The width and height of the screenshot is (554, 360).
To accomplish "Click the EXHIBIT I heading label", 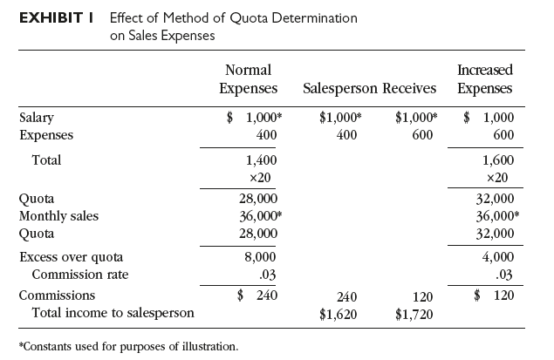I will point(55,17).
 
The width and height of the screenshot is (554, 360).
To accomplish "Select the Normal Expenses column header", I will point(248,78).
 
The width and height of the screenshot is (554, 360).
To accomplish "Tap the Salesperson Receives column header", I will point(372,88).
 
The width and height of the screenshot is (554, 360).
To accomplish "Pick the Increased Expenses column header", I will point(484,78).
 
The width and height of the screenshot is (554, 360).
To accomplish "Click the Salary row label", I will point(36,118).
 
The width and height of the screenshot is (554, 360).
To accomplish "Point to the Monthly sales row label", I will point(58,216).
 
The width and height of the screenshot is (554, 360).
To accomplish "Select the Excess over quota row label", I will point(71,257).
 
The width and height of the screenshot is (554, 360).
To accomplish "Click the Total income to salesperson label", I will point(113,312).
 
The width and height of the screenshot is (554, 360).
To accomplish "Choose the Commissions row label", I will point(58,295).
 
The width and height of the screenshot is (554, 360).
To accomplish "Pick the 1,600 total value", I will point(497,160).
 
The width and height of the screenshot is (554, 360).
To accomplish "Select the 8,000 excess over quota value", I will point(261,257).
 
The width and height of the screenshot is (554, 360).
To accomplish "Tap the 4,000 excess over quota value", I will point(497,257).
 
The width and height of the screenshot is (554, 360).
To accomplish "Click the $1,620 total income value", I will point(338,313).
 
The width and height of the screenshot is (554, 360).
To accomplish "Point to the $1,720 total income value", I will point(414,313).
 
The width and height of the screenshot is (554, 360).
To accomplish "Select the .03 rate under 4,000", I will point(503,275).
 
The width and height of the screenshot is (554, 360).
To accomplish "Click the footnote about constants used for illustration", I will point(128,347).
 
